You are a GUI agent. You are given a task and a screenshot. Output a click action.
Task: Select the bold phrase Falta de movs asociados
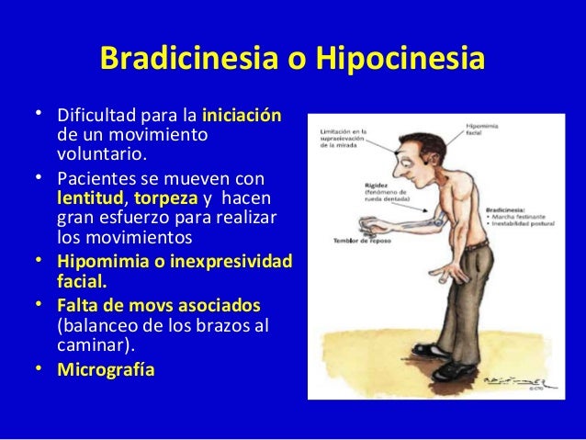[158, 305]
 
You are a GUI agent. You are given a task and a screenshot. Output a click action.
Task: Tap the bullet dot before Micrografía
[40, 369]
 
